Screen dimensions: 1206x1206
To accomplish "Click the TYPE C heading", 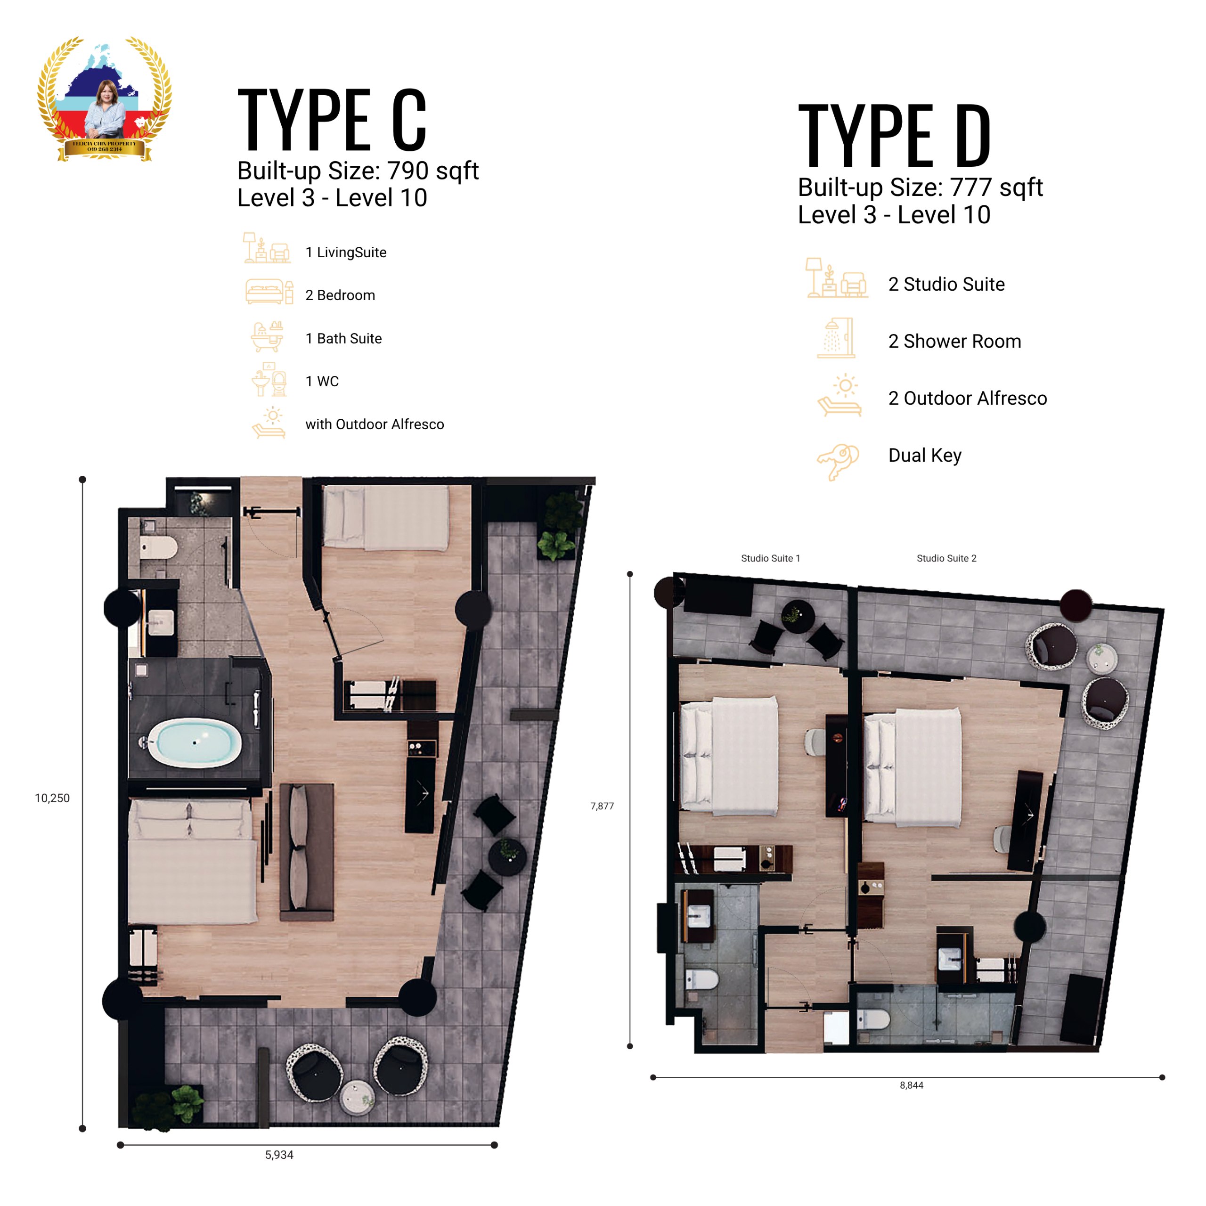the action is (332, 119).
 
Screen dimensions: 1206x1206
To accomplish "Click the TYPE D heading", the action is (895, 136).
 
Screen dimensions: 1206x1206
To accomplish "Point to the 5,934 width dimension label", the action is (279, 1155).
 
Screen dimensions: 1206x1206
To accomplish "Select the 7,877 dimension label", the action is (603, 806).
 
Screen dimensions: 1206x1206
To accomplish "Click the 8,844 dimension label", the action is (912, 1085).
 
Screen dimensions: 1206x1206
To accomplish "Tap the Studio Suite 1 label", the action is (770, 558).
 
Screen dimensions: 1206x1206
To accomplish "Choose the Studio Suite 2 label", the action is (946, 558).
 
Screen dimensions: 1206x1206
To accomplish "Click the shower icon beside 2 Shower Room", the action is (836, 338).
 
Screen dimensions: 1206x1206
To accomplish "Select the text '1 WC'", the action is (322, 382).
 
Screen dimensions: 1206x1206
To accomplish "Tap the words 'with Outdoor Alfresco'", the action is (375, 424).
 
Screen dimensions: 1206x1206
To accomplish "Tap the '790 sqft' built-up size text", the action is (433, 171).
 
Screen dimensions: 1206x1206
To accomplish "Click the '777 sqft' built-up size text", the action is (996, 187).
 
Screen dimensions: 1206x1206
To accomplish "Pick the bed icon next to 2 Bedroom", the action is (269, 292).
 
